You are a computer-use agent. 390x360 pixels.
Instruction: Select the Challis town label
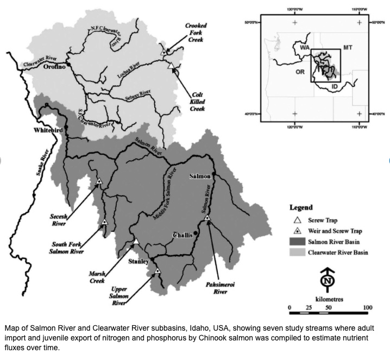click(182, 235)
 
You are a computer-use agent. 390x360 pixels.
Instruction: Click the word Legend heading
click(301, 207)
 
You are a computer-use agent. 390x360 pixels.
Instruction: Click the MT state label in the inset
click(348, 48)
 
